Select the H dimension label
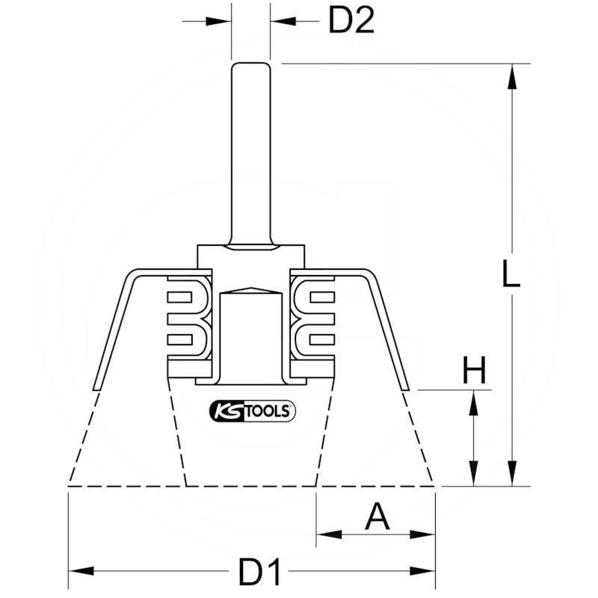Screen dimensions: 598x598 (x=473, y=369)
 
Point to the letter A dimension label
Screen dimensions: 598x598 (x=377, y=517)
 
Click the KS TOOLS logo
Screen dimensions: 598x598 (x=251, y=410)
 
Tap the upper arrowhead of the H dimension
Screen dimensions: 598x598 (x=473, y=399)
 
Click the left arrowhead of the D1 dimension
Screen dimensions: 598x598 (x=78, y=571)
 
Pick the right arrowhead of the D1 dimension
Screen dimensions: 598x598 (x=425, y=571)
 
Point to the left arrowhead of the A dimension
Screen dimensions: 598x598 (x=326, y=534)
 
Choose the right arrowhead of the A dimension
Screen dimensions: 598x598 (x=425, y=534)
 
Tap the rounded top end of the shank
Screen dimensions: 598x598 (x=250, y=65)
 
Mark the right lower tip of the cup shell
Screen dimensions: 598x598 (x=406, y=388)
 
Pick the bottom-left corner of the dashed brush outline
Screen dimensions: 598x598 (x=69, y=486)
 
